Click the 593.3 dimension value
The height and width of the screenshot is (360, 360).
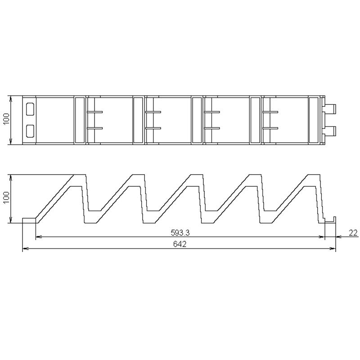180,233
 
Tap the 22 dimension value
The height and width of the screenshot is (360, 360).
353,233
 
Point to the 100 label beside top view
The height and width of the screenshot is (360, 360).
6,119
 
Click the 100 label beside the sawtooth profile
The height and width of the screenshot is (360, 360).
6,197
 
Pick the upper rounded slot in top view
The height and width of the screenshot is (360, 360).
30,109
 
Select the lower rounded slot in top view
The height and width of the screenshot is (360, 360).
30,131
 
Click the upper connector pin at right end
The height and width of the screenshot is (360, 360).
330,109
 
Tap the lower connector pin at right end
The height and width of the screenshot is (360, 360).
330,130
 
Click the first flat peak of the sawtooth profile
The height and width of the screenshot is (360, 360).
80,175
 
